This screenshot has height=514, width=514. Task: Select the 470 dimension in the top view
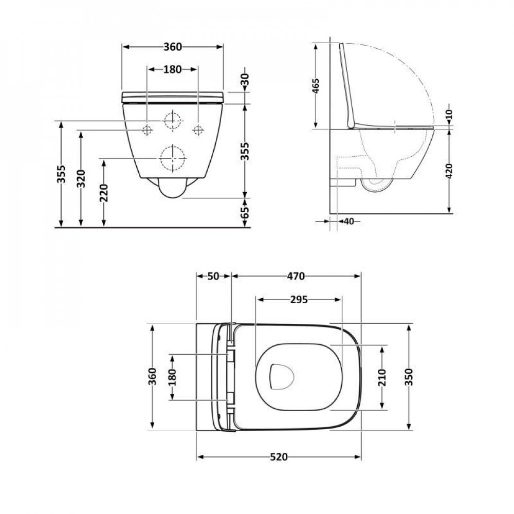(x=296, y=276)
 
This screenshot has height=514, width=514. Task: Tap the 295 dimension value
(x=298, y=300)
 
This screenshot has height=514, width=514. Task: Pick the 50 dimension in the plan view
(x=213, y=276)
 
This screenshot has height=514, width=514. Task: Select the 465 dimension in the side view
(x=316, y=86)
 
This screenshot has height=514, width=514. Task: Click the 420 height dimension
(x=450, y=171)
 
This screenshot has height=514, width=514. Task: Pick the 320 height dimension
(x=81, y=178)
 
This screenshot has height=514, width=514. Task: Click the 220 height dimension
(x=104, y=193)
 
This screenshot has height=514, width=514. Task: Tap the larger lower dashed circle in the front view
(x=172, y=158)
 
